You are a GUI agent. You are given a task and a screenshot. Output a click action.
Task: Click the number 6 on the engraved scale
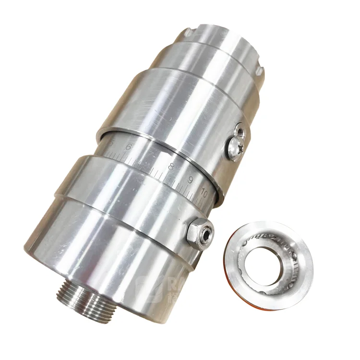(x=128, y=147)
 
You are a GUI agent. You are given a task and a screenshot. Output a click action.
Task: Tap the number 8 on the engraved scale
(x=171, y=168)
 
